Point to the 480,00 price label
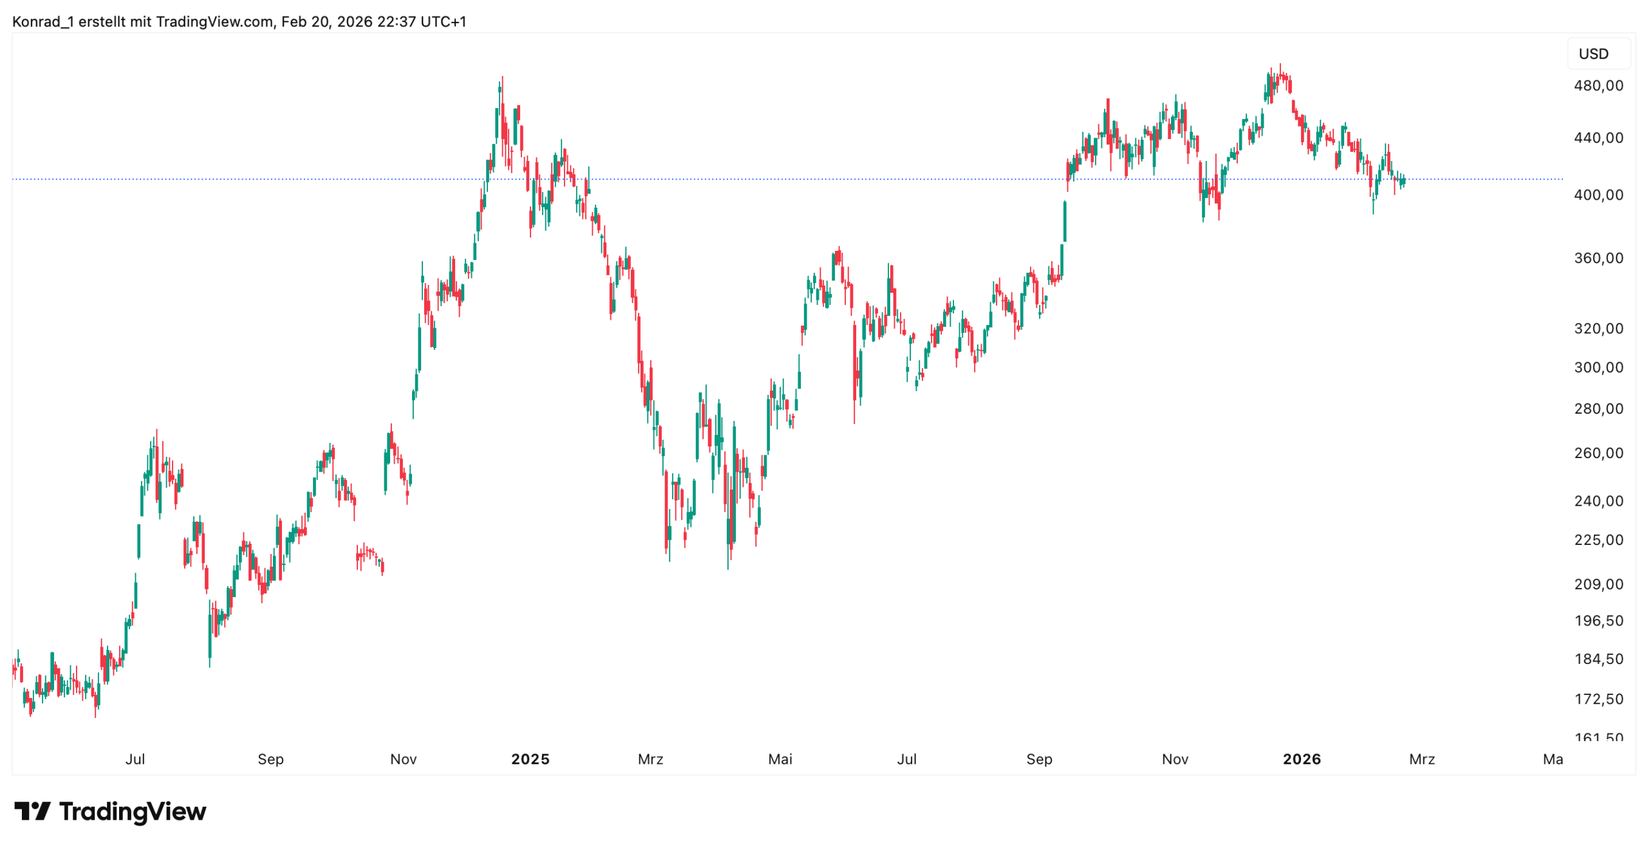click(1598, 86)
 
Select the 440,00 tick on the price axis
click(1598, 137)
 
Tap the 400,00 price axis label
click(1598, 194)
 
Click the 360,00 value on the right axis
click(1598, 257)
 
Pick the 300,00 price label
click(1598, 367)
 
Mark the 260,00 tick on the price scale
click(1598, 452)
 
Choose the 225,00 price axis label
click(1598, 539)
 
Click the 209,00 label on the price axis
click(1598, 584)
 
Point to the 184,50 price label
click(1598, 658)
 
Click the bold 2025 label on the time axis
click(530, 759)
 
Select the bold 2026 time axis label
click(1301, 759)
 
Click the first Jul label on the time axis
click(135, 759)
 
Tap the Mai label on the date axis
click(780, 759)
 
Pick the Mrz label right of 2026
click(1421, 759)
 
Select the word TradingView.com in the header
click(214, 22)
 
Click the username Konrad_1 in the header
click(42, 22)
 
